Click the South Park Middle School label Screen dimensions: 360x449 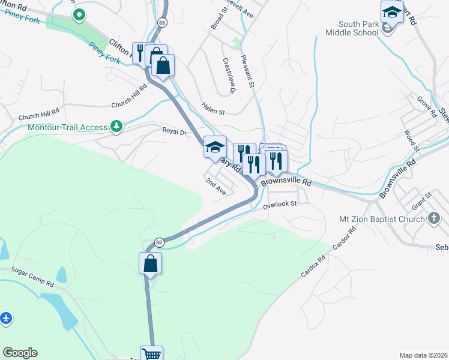click(x=358, y=28)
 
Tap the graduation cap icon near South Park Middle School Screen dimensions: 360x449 click(x=391, y=13)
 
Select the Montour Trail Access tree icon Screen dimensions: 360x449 click(x=116, y=127)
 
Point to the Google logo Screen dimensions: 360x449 click(x=20, y=353)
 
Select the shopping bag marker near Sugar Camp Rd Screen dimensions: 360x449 click(x=150, y=263)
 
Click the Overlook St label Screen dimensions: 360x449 click(x=280, y=204)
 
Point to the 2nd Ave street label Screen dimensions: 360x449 click(x=215, y=186)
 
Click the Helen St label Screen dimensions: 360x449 click(x=213, y=112)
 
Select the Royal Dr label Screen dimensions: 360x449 click(x=174, y=130)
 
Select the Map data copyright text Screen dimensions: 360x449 click(x=424, y=355)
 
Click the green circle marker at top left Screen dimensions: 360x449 click(x=79, y=15)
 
